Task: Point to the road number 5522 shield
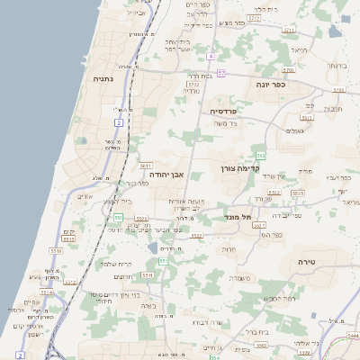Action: [196, 236]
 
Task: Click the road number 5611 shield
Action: [145, 166]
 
